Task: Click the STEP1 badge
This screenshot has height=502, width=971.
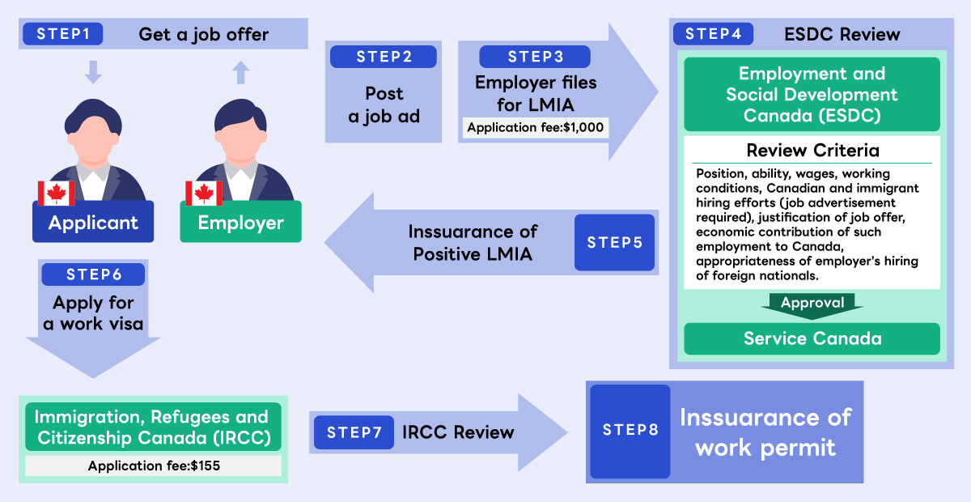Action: pyautogui.click(x=63, y=34)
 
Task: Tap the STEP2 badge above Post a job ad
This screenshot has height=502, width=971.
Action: pyautogui.click(x=384, y=57)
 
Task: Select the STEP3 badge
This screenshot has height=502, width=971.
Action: pyautogui.click(x=535, y=57)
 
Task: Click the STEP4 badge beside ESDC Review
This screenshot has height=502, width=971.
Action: pyautogui.click(x=713, y=34)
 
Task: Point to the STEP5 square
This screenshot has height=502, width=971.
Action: pyautogui.click(x=615, y=243)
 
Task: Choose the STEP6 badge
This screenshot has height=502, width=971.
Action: pyautogui.click(x=93, y=274)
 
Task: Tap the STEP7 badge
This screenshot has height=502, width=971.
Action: pyautogui.click(x=354, y=432)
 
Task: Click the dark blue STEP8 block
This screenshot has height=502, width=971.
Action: pyautogui.click(x=630, y=432)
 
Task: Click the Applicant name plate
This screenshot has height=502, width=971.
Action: pyautogui.click(x=93, y=222)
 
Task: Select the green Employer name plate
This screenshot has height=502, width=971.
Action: pyautogui.click(x=240, y=222)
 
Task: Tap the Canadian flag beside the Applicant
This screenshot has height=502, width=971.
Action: pyautogui.click(x=57, y=193)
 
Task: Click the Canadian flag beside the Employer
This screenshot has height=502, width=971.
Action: pyautogui.click(x=204, y=193)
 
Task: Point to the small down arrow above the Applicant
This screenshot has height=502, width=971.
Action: pyautogui.click(x=93, y=72)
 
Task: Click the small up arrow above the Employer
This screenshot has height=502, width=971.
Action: pyautogui.click(x=240, y=72)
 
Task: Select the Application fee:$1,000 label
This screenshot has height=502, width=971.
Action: pyautogui.click(x=536, y=128)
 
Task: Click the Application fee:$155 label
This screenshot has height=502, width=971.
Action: pyautogui.click(x=154, y=466)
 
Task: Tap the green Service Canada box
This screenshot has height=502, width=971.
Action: pyautogui.click(x=812, y=339)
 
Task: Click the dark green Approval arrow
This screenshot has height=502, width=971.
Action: pyautogui.click(x=812, y=306)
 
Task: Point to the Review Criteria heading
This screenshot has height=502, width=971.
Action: pyautogui.click(x=812, y=151)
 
